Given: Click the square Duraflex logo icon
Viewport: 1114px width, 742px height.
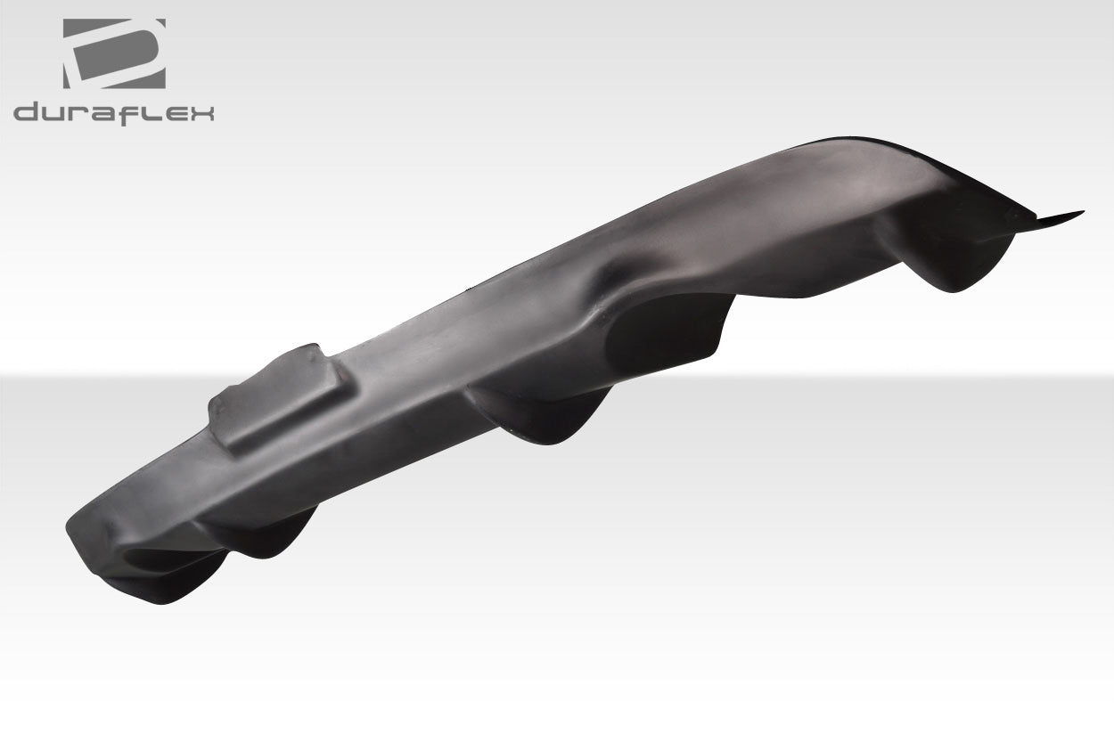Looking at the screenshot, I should [x=113, y=53].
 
